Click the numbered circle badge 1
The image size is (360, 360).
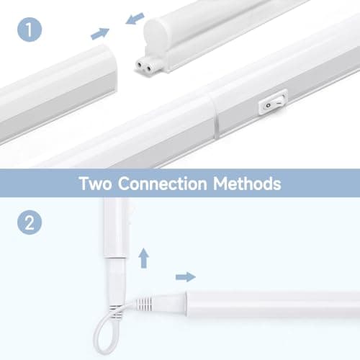[30, 30]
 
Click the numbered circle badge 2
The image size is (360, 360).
[30, 222]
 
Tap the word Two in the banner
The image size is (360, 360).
[96, 184]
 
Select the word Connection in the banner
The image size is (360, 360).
[163, 184]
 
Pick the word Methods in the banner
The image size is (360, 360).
[247, 184]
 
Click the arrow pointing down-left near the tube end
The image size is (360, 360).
[135, 19]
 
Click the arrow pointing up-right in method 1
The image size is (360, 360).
[100, 34]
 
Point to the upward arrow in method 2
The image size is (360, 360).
[144, 258]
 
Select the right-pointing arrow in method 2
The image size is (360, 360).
[186, 277]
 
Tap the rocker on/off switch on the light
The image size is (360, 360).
[273, 102]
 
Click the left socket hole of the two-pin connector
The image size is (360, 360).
[139, 64]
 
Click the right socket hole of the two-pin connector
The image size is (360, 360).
[149, 69]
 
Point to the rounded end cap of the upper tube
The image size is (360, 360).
[156, 34]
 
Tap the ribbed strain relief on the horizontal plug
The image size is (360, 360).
[144, 304]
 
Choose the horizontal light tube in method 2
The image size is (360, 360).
[273, 305]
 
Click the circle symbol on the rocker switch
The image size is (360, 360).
[268, 105]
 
